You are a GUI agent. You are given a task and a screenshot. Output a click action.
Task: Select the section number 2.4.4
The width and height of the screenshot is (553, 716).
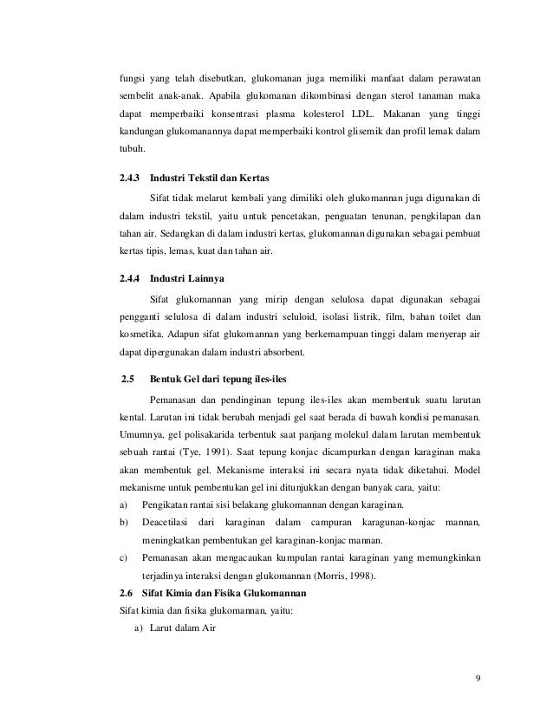(130, 279)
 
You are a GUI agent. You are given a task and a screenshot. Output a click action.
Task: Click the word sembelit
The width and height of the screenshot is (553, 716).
(136, 93)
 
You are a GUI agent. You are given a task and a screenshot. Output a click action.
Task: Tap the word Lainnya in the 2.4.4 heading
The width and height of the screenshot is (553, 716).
(205, 279)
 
